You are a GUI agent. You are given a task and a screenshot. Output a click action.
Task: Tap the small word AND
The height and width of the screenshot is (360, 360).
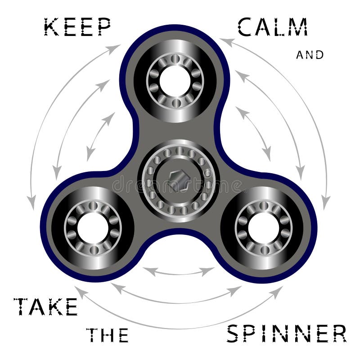[x=310, y=55]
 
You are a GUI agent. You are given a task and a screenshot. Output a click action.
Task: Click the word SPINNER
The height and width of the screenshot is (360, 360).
[x=286, y=333]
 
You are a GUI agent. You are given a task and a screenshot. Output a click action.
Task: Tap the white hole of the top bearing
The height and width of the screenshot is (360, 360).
[x=175, y=81]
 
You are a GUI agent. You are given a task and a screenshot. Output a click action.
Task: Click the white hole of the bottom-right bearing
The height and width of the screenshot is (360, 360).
[x=263, y=226]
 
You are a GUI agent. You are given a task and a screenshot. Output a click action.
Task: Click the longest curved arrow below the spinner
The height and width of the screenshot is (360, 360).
[x=179, y=320]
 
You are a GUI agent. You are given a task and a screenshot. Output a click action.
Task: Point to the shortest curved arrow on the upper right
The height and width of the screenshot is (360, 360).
[x=255, y=133]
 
